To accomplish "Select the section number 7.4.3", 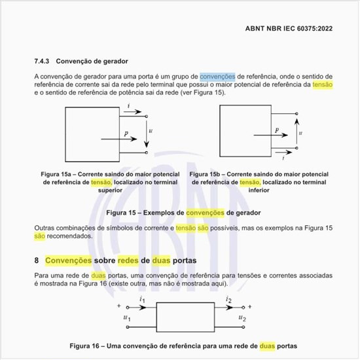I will click(x=43, y=62).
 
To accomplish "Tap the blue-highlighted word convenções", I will click(x=217, y=77).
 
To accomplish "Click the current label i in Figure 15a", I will click(x=129, y=106).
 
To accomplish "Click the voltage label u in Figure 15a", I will click(x=151, y=131).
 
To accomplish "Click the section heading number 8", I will click(x=37, y=261).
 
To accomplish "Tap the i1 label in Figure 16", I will click(x=142, y=300).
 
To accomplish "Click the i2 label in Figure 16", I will click(x=228, y=300).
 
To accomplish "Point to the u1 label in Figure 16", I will click(x=127, y=318).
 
